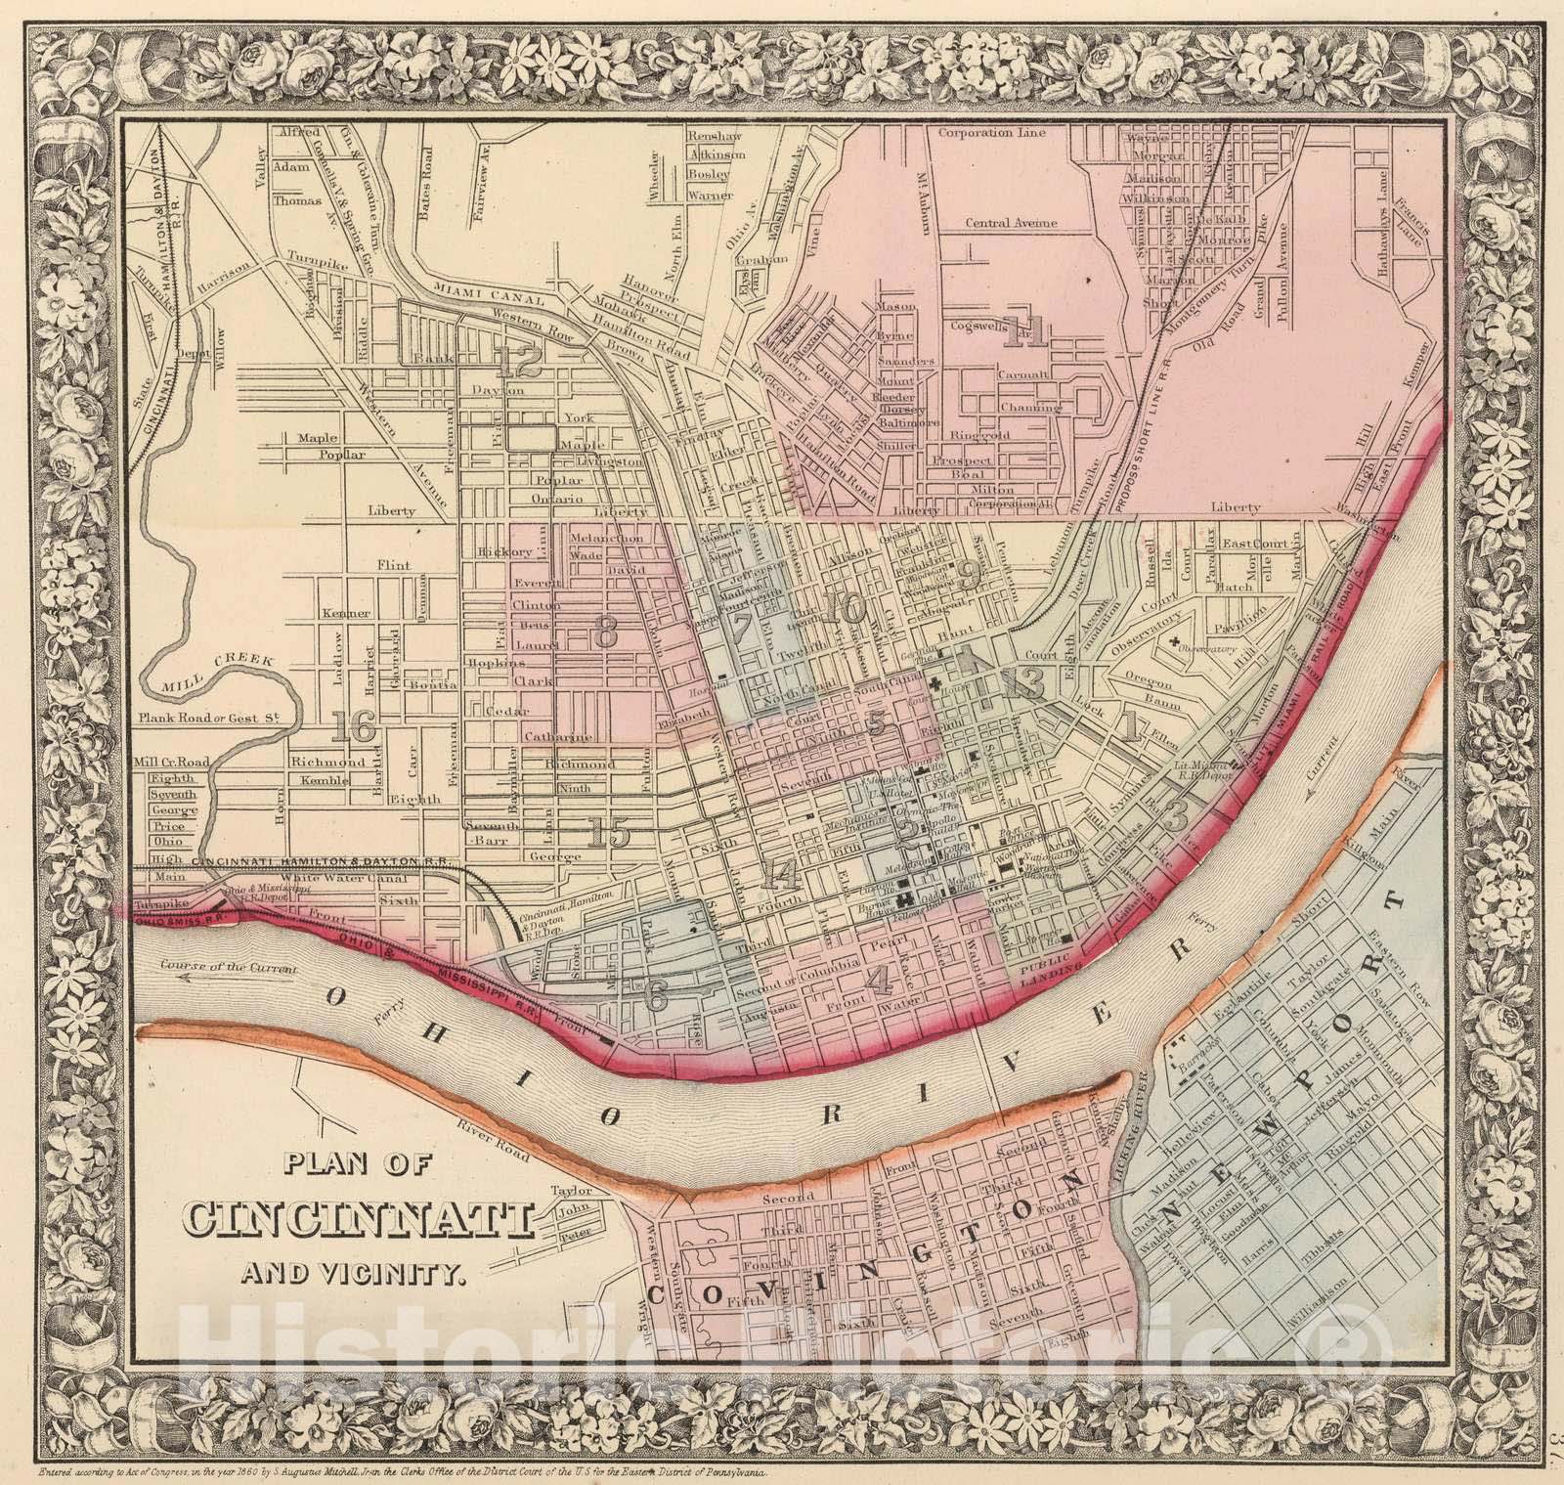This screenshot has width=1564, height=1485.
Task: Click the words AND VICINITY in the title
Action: (x=356, y=1273)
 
